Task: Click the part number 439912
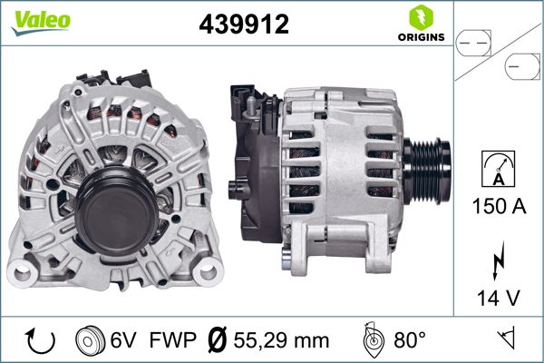[243, 25]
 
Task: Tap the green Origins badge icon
[419, 17]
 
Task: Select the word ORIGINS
[419, 37]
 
